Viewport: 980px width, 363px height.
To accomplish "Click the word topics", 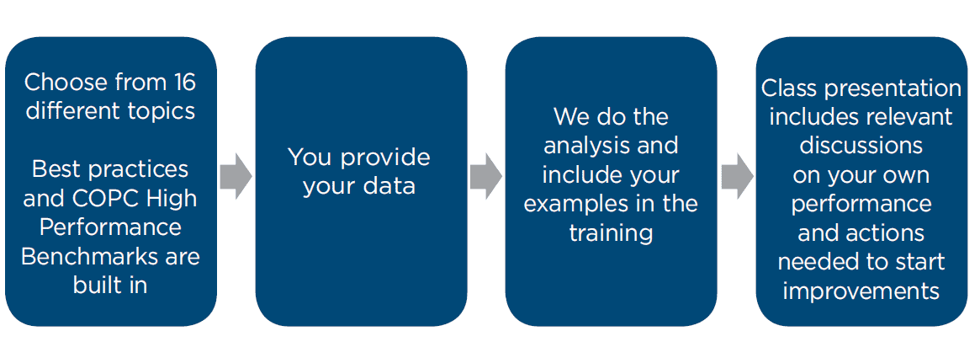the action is point(161,111).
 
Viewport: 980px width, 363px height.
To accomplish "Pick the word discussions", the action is point(861,146).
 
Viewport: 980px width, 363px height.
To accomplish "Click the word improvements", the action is point(861,292).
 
